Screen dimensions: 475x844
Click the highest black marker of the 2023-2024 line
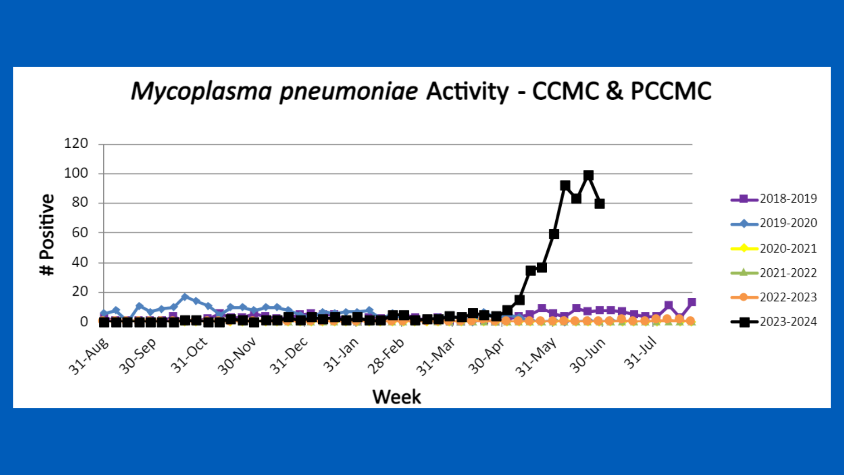click(x=588, y=175)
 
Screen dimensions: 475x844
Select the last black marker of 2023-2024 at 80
click(x=600, y=204)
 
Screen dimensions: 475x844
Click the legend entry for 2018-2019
click(x=774, y=199)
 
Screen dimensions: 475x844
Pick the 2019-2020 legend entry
click(x=774, y=223)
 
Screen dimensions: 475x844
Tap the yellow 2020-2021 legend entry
click(x=774, y=248)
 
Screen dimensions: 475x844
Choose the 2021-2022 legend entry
click(x=774, y=273)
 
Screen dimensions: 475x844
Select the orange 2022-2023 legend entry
click(x=774, y=297)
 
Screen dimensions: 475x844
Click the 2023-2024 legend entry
click(x=774, y=322)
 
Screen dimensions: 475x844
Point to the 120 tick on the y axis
click(x=76, y=143)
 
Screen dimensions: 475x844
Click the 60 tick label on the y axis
click(x=80, y=232)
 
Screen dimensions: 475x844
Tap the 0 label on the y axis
click(x=84, y=322)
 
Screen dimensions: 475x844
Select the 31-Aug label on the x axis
click(x=88, y=356)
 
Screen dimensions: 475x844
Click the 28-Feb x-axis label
click(x=386, y=356)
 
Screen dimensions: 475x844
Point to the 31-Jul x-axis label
click(x=640, y=353)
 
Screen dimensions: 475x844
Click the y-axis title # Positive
click(x=47, y=234)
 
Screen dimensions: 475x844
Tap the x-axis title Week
click(x=397, y=397)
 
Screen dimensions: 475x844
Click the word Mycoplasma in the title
click(x=201, y=91)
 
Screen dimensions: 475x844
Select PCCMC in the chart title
click(x=671, y=91)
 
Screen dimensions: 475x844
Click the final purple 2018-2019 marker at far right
click(x=691, y=302)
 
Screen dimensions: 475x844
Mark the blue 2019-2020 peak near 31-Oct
click(x=185, y=297)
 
